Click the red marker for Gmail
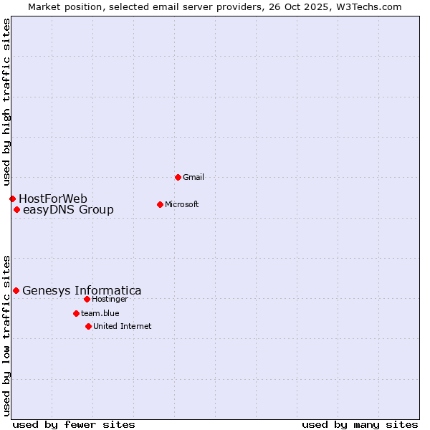click(x=178, y=177)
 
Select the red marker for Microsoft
click(x=160, y=204)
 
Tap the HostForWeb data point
click(x=12, y=199)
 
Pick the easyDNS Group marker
click(x=16, y=210)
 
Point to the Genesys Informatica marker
click(x=16, y=290)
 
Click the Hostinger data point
click(x=87, y=299)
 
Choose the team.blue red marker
click(x=76, y=313)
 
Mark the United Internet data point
click(x=88, y=326)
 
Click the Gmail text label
click(x=193, y=177)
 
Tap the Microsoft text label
click(x=182, y=204)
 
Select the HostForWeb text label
click(x=53, y=199)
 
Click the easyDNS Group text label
click(x=68, y=210)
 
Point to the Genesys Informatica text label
click(x=82, y=290)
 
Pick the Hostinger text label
click(x=110, y=299)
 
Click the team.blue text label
click(x=100, y=313)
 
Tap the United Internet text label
click(x=123, y=326)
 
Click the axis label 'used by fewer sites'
click(x=74, y=424)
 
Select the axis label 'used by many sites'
click(x=360, y=424)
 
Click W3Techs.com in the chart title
click(x=366, y=6)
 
